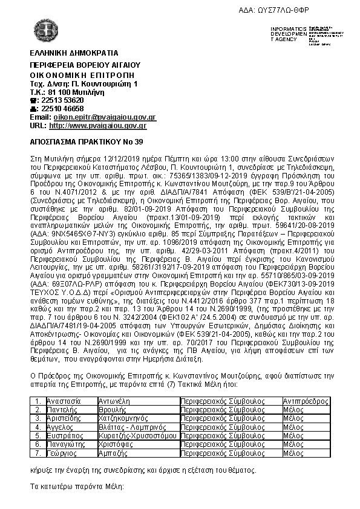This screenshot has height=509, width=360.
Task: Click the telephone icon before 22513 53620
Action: point(34,100)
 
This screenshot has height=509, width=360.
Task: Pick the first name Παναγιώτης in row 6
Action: point(65,443)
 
